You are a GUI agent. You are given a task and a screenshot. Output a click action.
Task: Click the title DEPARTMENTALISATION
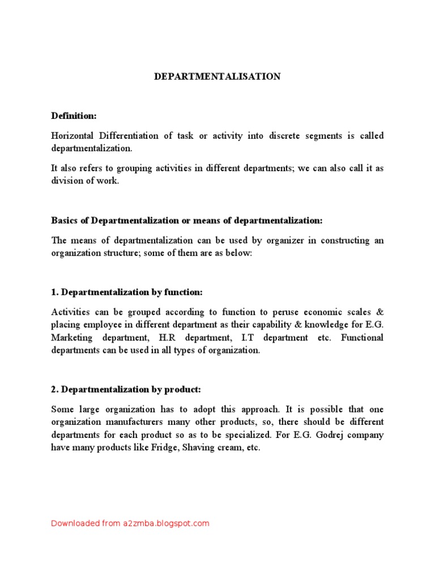(x=217, y=76)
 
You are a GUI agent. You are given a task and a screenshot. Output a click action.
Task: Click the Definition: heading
(x=74, y=116)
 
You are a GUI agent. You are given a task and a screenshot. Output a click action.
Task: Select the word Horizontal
(x=72, y=136)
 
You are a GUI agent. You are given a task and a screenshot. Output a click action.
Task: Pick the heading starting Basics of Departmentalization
(x=187, y=220)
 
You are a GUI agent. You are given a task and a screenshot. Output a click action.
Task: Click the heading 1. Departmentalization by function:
(x=127, y=292)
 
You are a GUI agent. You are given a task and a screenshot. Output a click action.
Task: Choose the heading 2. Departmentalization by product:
(x=126, y=389)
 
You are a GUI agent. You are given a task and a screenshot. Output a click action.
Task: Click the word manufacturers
(x=137, y=422)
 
